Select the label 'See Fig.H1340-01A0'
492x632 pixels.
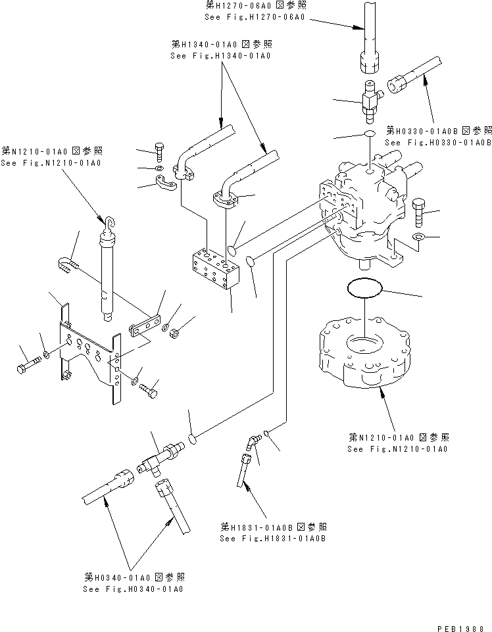point(220,56)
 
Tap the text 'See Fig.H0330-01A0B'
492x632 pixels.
point(438,142)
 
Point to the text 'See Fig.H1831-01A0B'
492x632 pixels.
point(274,539)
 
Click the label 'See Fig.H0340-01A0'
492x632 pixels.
point(133,589)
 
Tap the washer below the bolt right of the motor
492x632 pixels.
point(418,237)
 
